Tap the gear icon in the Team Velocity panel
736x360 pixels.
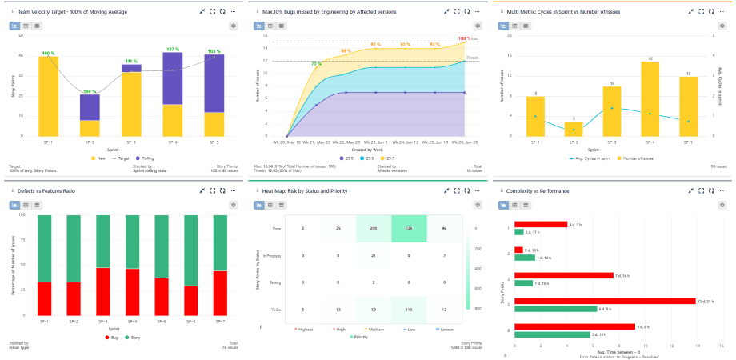233,26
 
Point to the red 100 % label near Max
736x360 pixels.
463,38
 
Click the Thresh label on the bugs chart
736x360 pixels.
472,58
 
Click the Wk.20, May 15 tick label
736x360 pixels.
287,142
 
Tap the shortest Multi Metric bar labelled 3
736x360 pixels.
574,129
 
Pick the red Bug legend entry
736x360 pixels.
113,338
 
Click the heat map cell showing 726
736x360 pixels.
409,229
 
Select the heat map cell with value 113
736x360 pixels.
409,309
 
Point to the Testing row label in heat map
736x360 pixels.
274,282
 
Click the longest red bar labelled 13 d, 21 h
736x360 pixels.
605,301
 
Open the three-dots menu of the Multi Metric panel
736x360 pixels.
723,12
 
